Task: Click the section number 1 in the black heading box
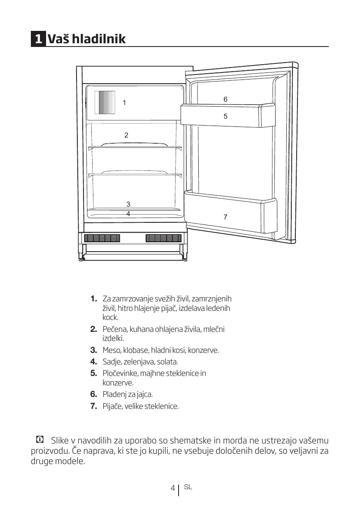[x=38, y=40]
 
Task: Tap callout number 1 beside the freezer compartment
[x=124, y=103]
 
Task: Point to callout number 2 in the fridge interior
[x=126, y=135]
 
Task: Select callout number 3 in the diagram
[x=128, y=204]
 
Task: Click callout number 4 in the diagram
[x=128, y=214]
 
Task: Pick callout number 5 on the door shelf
[x=225, y=116]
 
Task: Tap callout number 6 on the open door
[x=225, y=99]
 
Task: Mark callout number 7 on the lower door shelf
[x=225, y=217]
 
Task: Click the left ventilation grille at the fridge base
[x=102, y=238]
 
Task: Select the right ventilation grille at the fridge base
[x=163, y=238]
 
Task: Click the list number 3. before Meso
[x=93, y=350]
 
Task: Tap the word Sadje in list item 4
[x=111, y=362]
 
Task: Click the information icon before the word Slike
[x=40, y=440]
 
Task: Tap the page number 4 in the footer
[x=173, y=488]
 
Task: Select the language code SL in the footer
[x=188, y=487]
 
